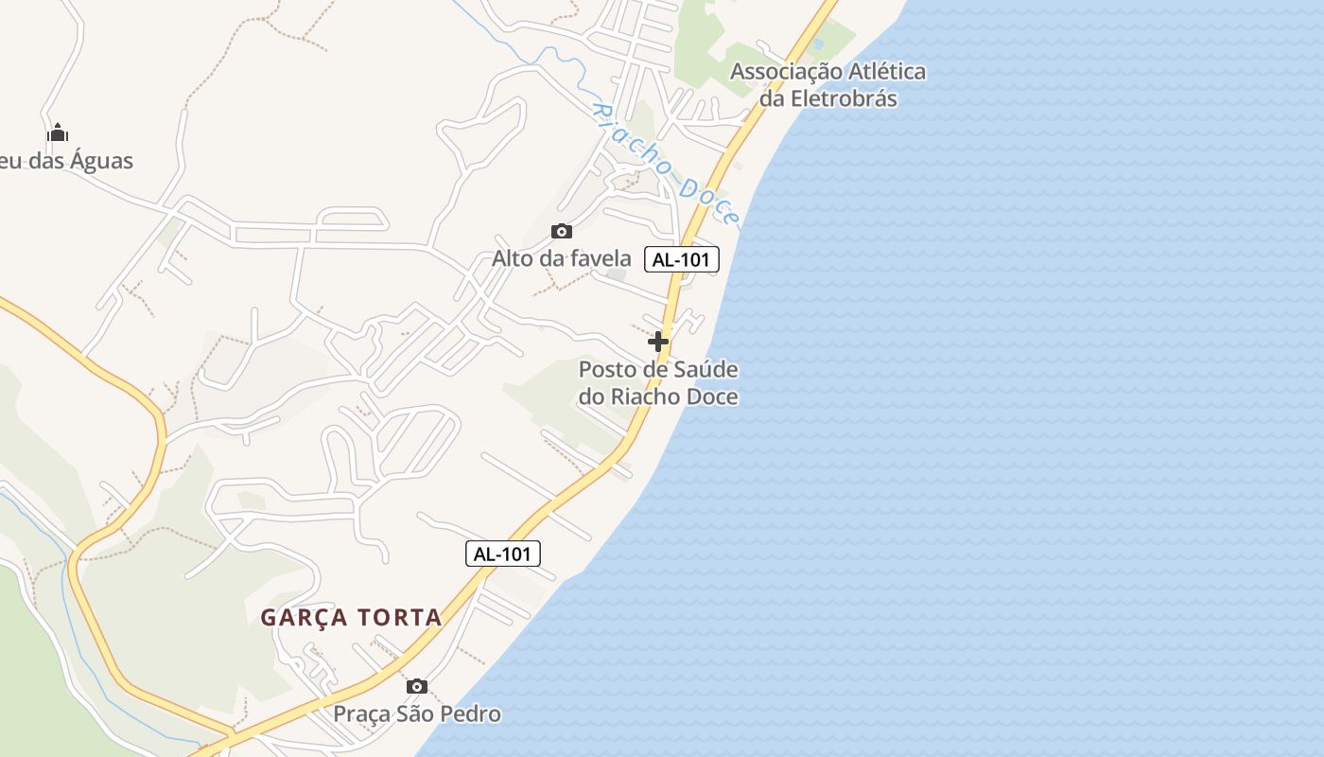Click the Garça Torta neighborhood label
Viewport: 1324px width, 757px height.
[x=351, y=618]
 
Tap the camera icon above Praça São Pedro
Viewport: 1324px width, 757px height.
[x=417, y=686]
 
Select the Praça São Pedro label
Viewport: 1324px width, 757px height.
[x=417, y=713]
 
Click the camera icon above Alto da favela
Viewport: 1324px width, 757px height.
[x=562, y=231]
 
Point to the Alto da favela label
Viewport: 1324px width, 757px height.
[x=562, y=258]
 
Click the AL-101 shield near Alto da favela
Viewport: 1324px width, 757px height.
[x=682, y=259]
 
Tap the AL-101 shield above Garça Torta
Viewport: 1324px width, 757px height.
[x=503, y=554]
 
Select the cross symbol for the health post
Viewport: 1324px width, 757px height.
[x=658, y=341]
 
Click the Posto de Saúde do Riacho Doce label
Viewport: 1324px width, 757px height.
[x=658, y=383]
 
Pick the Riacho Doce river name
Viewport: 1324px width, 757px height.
[x=665, y=162]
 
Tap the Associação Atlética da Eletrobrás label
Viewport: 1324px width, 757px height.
[x=828, y=84]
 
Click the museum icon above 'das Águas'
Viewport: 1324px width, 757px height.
[x=58, y=132]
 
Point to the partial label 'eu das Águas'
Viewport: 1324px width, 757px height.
[x=66, y=161]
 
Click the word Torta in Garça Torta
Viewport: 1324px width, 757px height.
[x=399, y=618]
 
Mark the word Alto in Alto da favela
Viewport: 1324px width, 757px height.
[x=514, y=258]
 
